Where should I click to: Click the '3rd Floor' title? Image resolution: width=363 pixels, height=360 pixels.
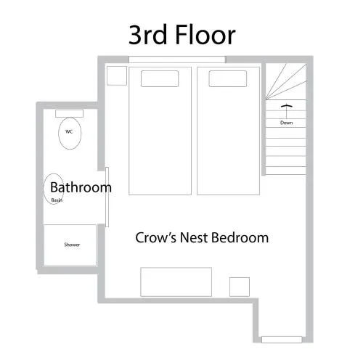point(182,36)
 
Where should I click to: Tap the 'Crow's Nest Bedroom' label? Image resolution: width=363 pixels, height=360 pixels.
point(202,237)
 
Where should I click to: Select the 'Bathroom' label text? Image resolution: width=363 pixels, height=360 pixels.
point(81,187)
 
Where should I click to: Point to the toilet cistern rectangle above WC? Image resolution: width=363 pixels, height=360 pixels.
point(69,113)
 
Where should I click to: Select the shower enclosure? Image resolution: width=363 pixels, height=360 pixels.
point(70,245)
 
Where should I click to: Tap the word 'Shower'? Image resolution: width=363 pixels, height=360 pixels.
point(72,245)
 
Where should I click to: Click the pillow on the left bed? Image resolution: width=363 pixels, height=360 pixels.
point(160,78)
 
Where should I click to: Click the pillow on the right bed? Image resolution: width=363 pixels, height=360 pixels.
point(228,78)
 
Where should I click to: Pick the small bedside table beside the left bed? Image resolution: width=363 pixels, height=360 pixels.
point(117,75)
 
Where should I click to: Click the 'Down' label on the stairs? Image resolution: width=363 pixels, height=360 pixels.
point(286,123)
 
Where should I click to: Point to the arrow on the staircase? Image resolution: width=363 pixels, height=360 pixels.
point(287,111)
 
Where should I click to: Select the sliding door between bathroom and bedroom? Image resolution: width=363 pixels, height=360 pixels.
point(107,197)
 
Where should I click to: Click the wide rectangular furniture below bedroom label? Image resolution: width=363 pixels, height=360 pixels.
point(176,282)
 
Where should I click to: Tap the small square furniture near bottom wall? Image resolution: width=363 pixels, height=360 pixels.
point(240,287)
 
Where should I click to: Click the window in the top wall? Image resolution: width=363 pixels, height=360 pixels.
point(177,60)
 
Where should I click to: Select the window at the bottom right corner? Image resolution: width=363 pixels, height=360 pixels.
point(282,340)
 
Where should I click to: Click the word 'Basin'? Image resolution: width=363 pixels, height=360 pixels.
point(57,200)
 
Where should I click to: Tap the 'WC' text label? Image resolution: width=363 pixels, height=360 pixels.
point(69,131)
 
